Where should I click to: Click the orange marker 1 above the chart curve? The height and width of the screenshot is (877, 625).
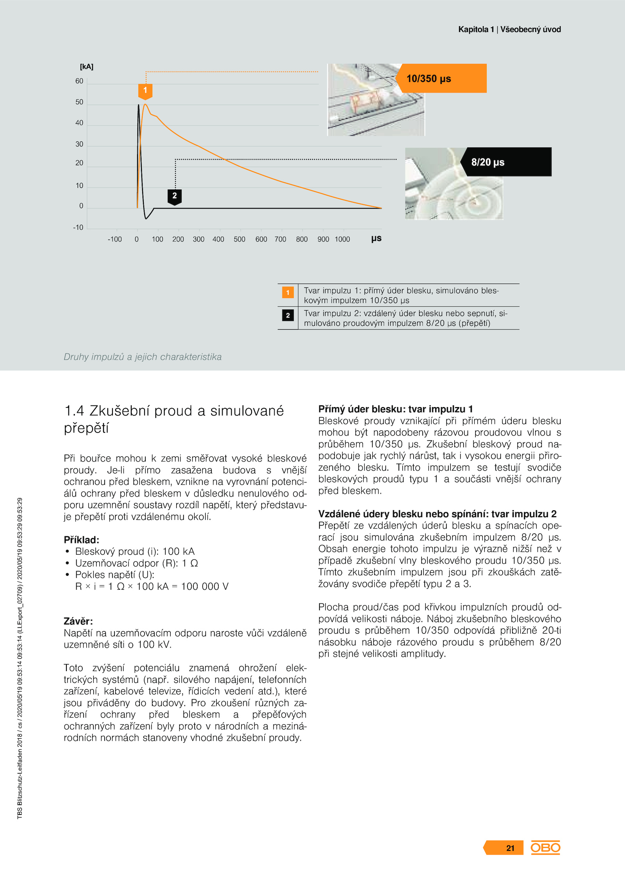click(145, 91)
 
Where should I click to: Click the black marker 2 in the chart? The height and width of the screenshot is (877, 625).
click(175, 196)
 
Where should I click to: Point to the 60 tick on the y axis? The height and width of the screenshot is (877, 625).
click(79, 81)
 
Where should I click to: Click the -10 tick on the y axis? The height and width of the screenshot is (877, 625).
click(78, 228)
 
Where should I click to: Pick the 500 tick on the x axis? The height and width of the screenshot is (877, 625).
click(239, 239)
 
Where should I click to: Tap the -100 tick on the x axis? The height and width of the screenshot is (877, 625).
click(115, 239)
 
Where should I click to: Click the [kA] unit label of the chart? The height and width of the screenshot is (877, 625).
click(86, 67)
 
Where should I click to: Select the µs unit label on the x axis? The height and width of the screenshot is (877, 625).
click(376, 238)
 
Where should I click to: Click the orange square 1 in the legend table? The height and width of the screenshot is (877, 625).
click(288, 292)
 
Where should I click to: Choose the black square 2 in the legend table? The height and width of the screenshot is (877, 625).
click(288, 315)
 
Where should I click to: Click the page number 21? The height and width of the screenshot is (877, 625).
click(510, 848)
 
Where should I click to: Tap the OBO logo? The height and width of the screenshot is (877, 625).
click(545, 848)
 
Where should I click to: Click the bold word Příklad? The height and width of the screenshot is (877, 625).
click(82, 540)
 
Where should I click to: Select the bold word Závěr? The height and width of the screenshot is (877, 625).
click(79, 621)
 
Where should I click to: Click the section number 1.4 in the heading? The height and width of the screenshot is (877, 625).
click(74, 411)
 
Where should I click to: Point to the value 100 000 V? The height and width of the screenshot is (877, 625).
click(205, 586)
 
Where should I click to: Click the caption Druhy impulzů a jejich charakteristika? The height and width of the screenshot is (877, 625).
click(143, 357)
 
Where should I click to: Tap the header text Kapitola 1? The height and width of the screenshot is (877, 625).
click(476, 29)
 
